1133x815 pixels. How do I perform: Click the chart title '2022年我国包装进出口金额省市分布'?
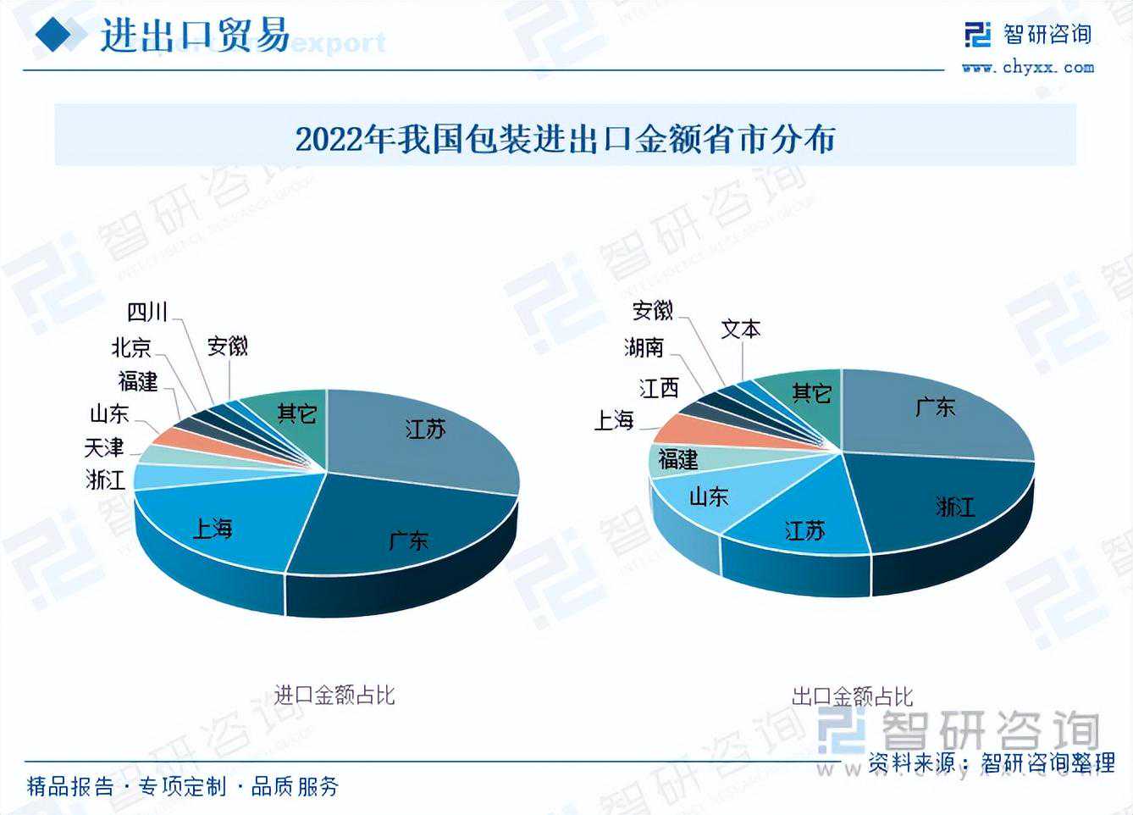(565, 137)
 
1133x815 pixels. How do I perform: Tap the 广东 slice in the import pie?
(406, 539)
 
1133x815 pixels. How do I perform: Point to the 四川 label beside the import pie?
(148, 313)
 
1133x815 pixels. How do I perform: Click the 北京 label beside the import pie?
(131, 347)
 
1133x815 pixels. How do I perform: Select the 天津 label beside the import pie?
(104, 446)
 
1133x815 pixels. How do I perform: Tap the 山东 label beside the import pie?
(109, 413)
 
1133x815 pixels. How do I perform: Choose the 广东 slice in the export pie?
(934, 407)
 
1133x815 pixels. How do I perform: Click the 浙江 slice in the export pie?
(955, 506)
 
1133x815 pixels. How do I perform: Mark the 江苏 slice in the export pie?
(804, 530)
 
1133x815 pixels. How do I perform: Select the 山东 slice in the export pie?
(708, 496)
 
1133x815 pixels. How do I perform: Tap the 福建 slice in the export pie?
(678, 459)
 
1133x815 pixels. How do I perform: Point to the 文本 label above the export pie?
(741, 329)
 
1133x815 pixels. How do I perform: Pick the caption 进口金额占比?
(334, 696)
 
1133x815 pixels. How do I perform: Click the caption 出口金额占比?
(852, 696)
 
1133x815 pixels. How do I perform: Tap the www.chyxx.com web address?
(1027, 68)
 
